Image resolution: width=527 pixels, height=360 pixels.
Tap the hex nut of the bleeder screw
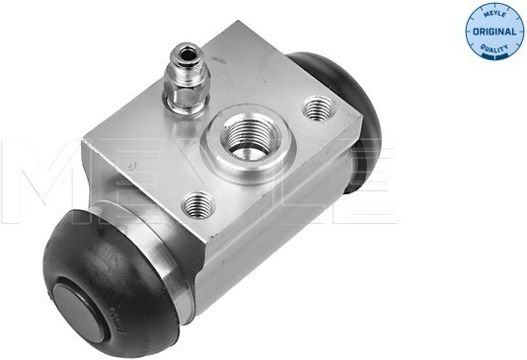(x=186, y=96)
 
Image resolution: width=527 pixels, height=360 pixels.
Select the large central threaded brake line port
(x=250, y=138)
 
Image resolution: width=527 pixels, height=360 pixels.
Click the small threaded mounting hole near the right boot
(x=318, y=108)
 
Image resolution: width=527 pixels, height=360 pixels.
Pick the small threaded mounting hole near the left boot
(x=197, y=204)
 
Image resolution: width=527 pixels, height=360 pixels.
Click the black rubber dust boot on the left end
(x=111, y=284)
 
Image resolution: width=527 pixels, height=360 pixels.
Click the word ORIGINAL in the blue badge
(x=494, y=32)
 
